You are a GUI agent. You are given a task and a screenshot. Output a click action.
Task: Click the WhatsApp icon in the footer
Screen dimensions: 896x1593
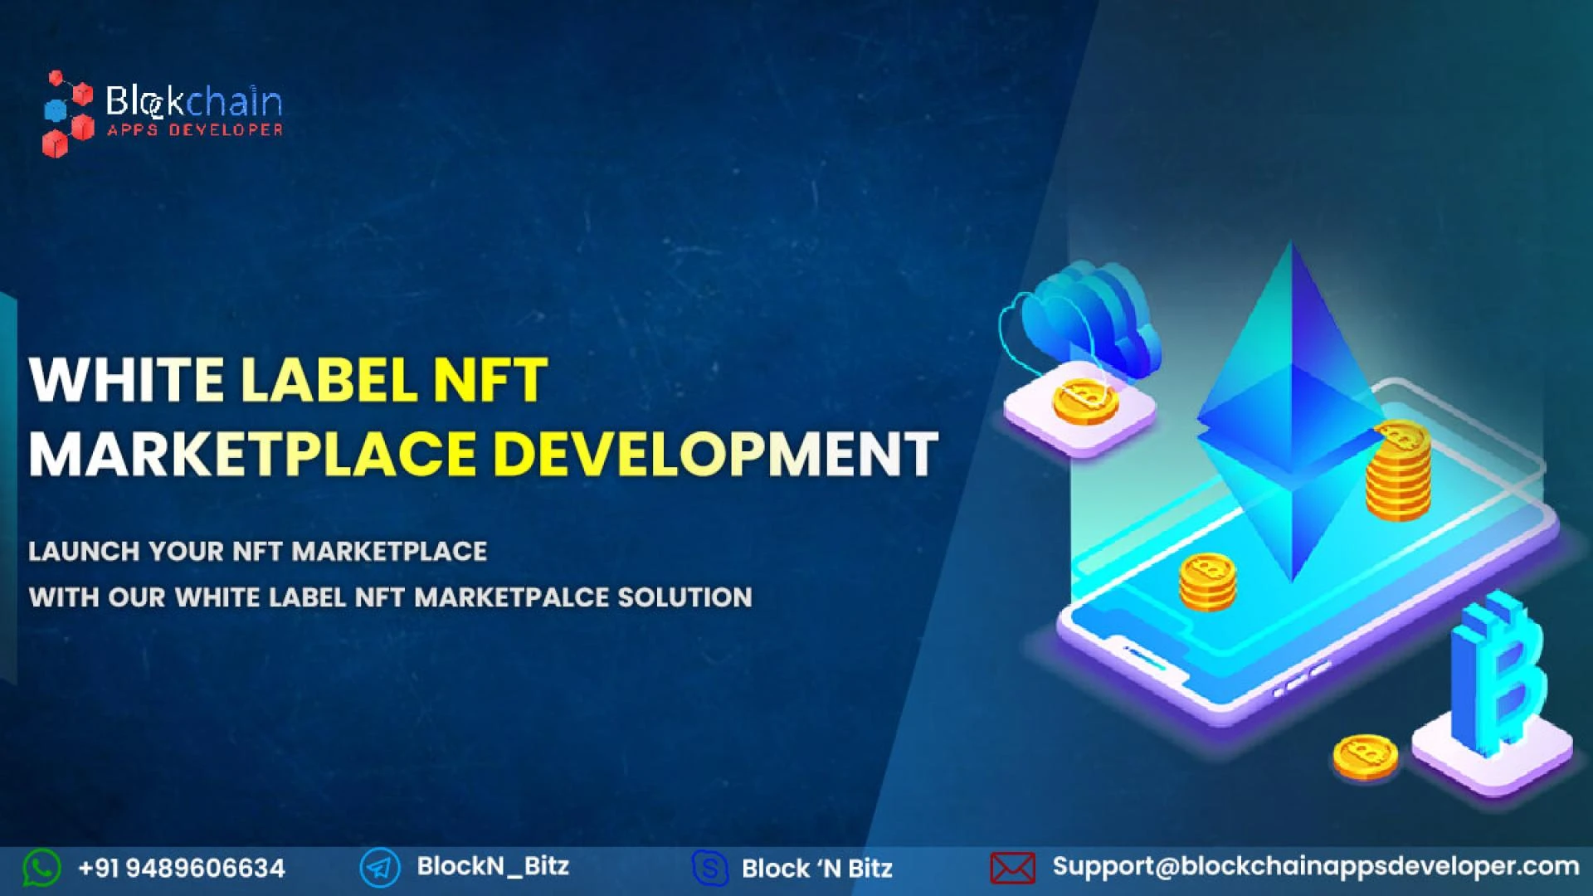(x=41, y=868)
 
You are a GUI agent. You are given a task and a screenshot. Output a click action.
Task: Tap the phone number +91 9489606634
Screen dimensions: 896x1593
(x=182, y=869)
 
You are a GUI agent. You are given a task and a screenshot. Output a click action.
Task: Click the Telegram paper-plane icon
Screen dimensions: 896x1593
(x=380, y=868)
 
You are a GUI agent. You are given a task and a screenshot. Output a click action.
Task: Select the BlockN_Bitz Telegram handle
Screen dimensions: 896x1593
(x=493, y=866)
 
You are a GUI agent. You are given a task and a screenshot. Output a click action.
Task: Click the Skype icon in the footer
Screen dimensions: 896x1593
(x=710, y=868)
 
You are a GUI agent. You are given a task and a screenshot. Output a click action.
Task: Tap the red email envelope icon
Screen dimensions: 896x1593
(x=1012, y=869)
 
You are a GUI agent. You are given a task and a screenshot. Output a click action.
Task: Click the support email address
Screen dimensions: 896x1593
(x=1315, y=866)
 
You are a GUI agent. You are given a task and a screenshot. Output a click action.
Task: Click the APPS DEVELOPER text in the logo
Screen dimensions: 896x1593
(x=195, y=130)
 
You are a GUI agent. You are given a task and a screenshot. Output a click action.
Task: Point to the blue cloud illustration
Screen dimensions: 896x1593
(x=1091, y=319)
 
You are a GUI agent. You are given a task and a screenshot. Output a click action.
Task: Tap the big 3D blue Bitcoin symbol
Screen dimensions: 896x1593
(x=1498, y=672)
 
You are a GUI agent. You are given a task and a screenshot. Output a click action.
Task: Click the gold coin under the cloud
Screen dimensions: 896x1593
(x=1084, y=401)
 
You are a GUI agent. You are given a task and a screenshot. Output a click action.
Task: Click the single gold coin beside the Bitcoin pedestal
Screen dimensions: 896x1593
(x=1364, y=755)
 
